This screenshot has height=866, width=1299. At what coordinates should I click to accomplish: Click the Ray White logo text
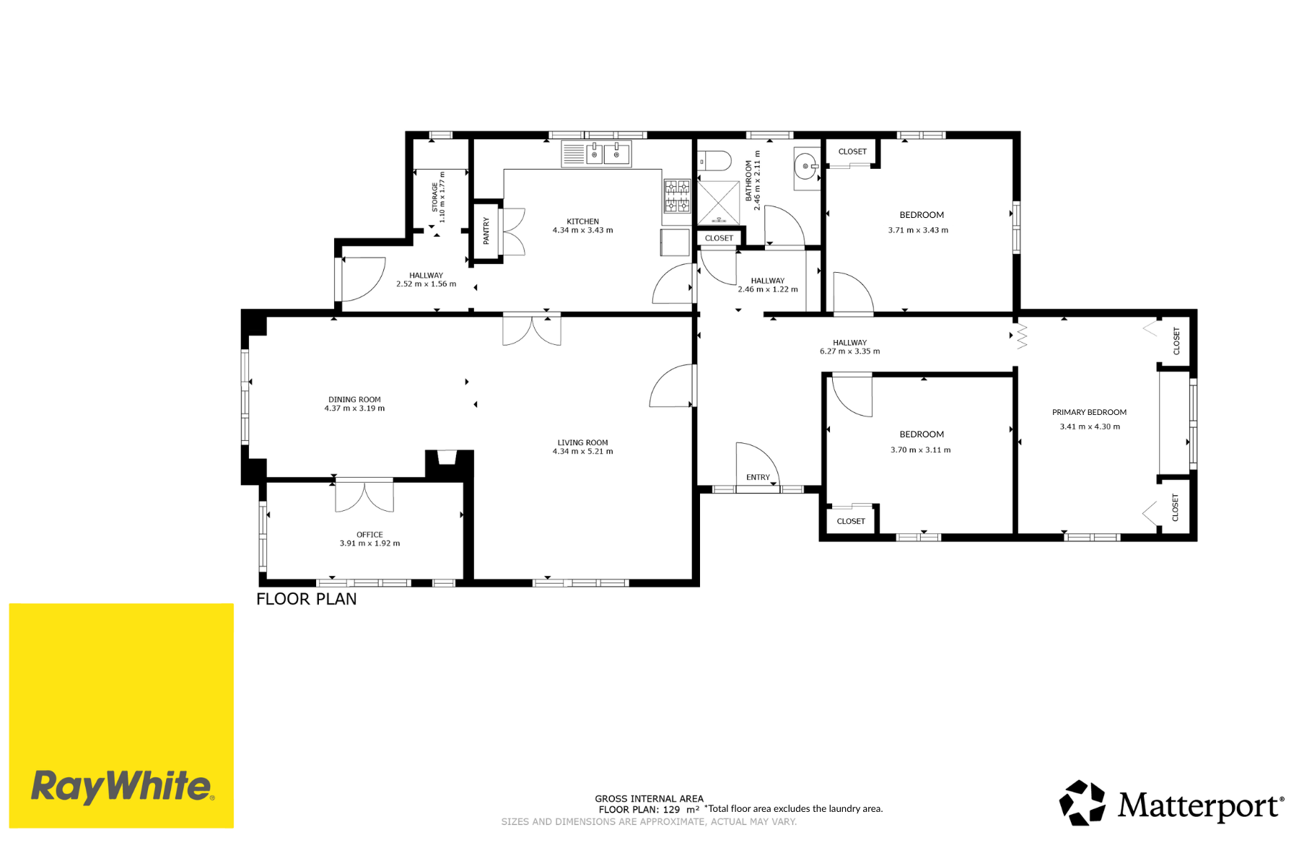122,786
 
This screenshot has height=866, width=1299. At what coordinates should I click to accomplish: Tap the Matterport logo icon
1082,802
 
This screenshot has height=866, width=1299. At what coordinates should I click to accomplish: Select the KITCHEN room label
582,222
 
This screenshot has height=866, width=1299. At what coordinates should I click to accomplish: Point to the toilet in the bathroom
714,160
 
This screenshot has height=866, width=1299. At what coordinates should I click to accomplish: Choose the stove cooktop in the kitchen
677,196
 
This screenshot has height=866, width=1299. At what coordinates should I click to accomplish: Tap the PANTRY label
486,231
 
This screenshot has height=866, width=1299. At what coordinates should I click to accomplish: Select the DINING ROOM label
354,399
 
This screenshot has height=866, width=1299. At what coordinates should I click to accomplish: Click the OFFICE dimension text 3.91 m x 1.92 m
369,543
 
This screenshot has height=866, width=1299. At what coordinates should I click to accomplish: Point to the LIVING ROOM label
582,442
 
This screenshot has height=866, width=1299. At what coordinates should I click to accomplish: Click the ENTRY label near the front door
758,477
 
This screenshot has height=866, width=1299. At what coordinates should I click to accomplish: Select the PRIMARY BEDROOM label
1089,412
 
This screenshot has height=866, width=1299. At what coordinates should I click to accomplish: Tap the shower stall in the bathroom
718,202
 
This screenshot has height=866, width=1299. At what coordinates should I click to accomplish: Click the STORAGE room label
434,197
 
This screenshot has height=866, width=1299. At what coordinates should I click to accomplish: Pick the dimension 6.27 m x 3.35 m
849,351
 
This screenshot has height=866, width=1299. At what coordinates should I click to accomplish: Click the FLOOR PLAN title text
307,599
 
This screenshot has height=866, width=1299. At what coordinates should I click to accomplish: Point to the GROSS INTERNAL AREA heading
649,798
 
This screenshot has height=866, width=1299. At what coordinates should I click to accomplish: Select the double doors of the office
364,496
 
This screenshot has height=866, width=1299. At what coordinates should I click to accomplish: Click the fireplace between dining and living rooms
448,463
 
